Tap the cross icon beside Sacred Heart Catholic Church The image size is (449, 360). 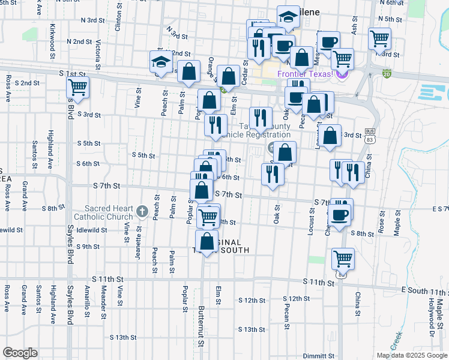pos(142,211)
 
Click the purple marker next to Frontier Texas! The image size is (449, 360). pos(342,74)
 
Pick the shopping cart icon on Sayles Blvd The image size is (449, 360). pos(78,86)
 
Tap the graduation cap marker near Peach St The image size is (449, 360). pos(161,61)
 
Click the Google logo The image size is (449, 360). pos(20,353)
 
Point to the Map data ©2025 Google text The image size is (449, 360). pos(411,355)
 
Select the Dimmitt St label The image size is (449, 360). pos(319,355)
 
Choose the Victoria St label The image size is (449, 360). pos(97,52)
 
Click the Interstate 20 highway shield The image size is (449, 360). pos(387,74)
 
